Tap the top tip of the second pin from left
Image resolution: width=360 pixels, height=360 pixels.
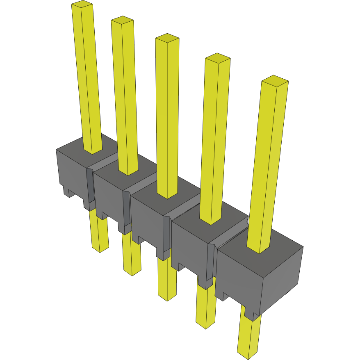point(122,20)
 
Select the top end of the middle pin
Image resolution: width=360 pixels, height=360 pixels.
point(167,38)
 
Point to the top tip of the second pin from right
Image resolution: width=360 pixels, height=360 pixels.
point(217,57)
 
